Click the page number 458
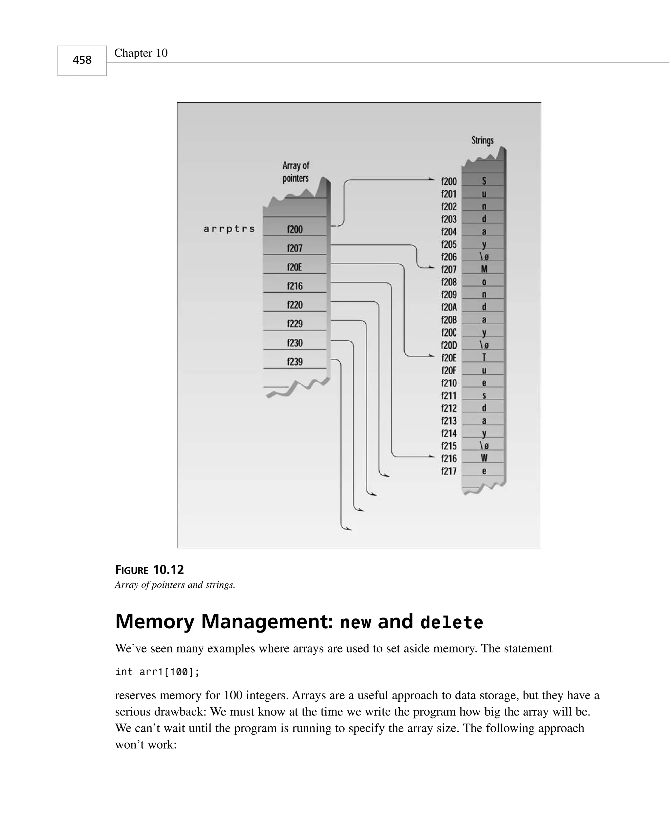[82, 60]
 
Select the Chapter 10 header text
[141, 53]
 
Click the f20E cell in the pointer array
[295, 267]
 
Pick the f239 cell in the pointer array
[295, 362]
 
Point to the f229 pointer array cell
[295, 323]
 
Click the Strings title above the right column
[482, 140]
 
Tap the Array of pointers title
[296, 172]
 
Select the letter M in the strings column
[484, 269]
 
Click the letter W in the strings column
[484, 458]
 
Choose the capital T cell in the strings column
[484, 357]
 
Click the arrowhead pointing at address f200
[432, 179]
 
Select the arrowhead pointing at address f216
[432, 456]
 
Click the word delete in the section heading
[451, 623]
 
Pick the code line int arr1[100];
[157, 672]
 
